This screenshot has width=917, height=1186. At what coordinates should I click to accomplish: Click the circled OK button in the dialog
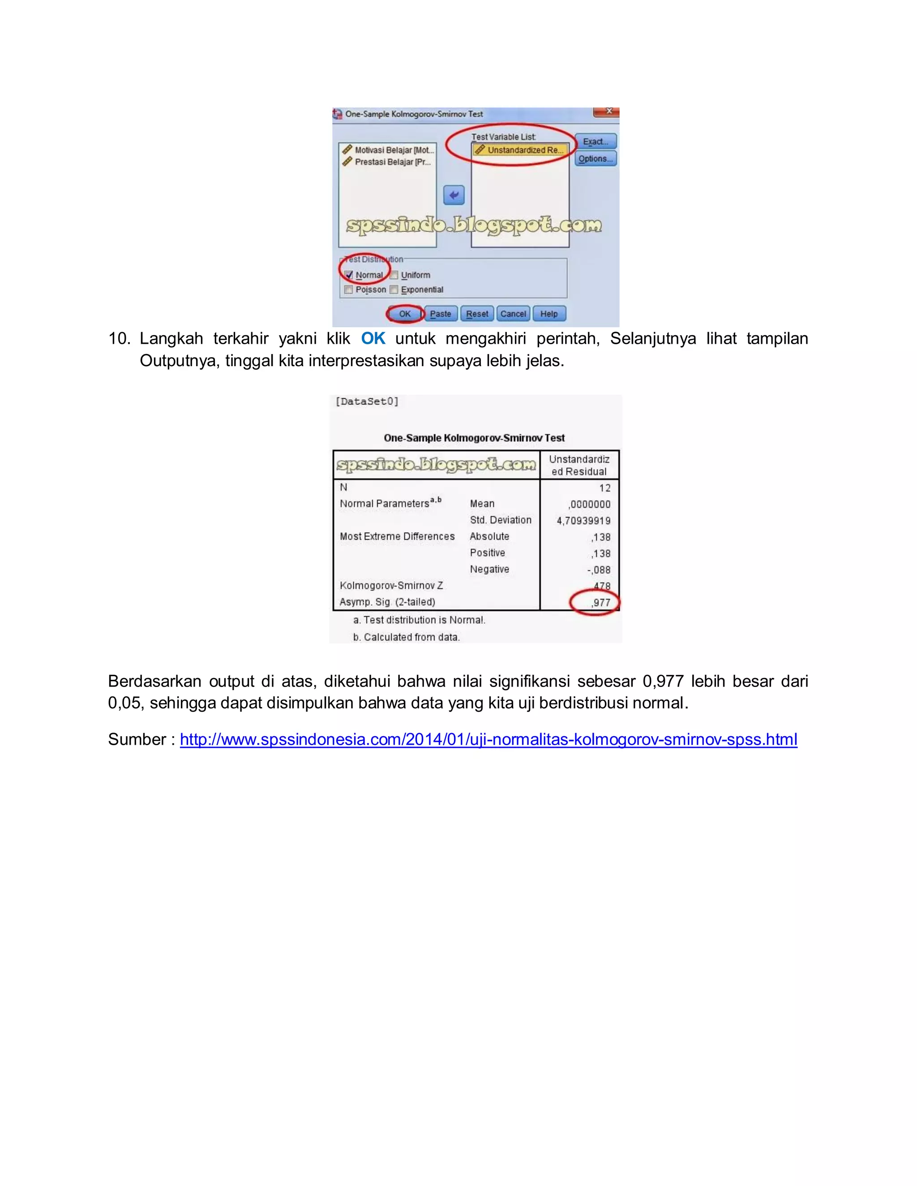405,314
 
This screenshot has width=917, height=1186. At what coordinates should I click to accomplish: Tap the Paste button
440,314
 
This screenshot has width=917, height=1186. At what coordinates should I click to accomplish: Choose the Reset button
477,314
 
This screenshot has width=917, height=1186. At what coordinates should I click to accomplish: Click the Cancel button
513,314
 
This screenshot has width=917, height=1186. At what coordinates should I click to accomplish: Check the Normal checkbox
349,275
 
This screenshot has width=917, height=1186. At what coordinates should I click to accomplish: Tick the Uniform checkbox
394,275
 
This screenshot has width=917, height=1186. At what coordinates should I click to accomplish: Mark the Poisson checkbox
349,290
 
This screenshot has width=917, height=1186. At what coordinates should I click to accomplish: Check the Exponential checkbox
394,290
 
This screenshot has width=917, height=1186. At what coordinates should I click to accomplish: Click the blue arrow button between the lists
454,195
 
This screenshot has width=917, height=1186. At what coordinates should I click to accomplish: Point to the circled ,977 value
600,603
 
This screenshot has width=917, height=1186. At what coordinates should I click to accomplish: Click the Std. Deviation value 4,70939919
583,521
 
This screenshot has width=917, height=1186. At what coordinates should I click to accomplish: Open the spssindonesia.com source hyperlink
488,740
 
